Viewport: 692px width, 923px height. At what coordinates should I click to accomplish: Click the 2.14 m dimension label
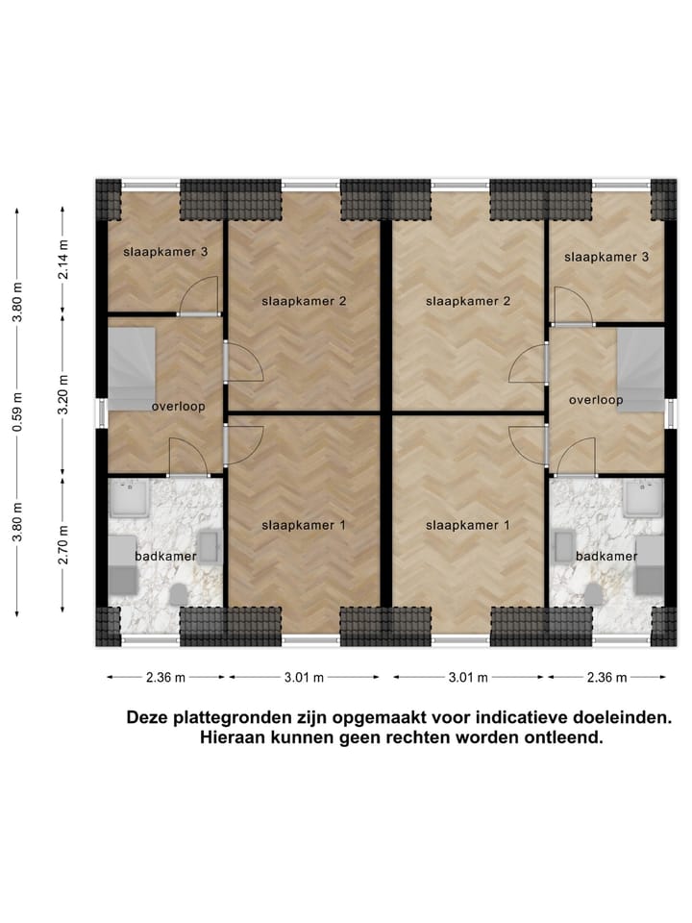click(x=63, y=260)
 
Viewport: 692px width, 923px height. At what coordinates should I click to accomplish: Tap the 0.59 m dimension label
click(x=18, y=423)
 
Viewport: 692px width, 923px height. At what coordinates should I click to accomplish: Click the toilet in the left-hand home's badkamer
click(x=178, y=595)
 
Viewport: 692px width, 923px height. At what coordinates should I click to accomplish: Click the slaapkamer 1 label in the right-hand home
click(x=467, y=525)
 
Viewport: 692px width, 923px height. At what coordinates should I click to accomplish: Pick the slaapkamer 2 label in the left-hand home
click(x=304, y=301)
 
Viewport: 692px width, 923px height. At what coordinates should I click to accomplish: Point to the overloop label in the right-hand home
click(x=596, y=399)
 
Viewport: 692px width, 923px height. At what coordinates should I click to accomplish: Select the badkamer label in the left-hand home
click(x=166, y=556)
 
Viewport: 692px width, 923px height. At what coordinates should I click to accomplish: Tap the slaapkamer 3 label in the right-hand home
click(x=606, y=257)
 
